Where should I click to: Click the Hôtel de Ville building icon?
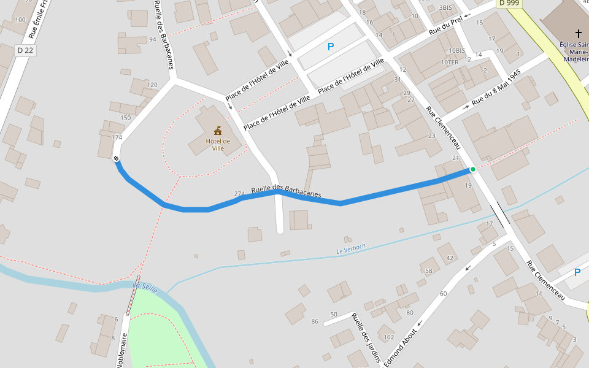218,130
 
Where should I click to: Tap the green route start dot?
472,169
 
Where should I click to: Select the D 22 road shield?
25,50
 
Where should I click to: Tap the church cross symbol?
578,33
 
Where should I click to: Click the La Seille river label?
145,287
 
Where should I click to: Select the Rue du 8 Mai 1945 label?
496,87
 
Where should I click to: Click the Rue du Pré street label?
445,25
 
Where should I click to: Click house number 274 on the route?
239,193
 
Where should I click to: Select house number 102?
388,337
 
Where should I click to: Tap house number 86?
315,321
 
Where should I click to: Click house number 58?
428,270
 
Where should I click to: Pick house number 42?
450,258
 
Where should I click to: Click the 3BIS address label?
445,7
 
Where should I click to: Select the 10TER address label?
450,62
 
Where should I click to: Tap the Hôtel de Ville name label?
218,144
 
